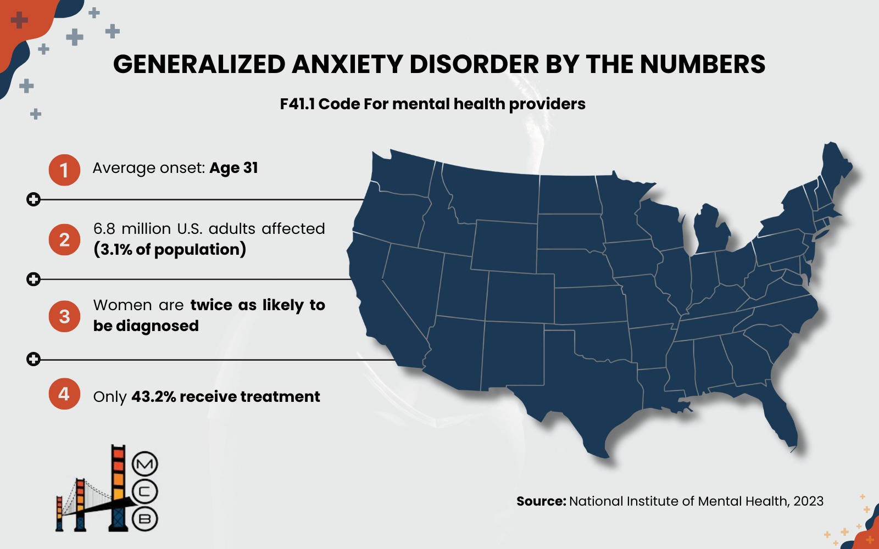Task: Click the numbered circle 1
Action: [64, 170]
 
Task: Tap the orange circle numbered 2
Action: [64, 240]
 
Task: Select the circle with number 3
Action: [64, 316]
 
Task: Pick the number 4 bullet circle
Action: [64, 394]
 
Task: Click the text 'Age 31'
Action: [233, 168]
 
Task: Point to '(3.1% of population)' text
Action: [170, 250]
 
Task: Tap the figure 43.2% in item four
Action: [154, 396]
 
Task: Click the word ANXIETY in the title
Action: [348, 64]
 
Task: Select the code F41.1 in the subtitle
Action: [297, 104]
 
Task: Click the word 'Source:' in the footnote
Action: [541, 501]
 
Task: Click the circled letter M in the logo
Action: [145, 464]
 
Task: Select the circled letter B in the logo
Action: [145, 519]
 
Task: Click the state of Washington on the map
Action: [401, 173]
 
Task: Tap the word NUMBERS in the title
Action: [703, 64]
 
